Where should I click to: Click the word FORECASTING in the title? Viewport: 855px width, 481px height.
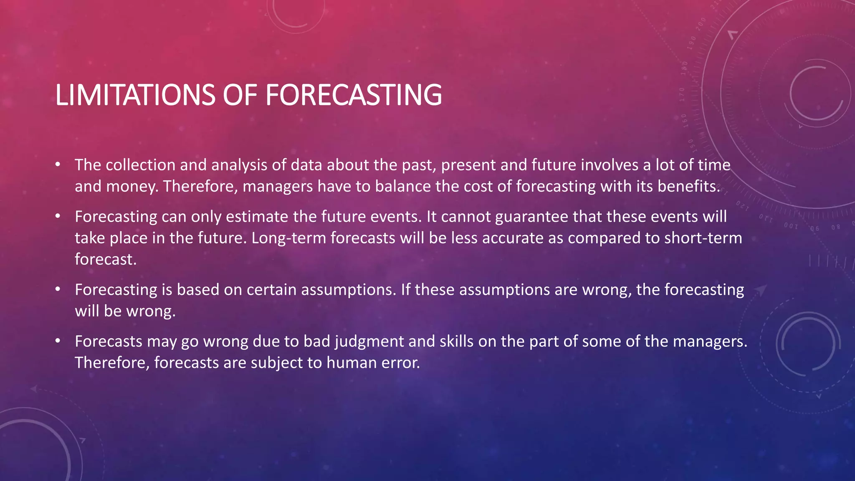click(x=353, y=95)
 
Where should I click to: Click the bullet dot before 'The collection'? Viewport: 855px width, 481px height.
click(x=58, y=165)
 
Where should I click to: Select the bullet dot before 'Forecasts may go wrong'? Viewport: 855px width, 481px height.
click(x=58, y=341)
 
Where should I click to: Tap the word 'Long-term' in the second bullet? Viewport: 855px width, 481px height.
click(x=288, y=238)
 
